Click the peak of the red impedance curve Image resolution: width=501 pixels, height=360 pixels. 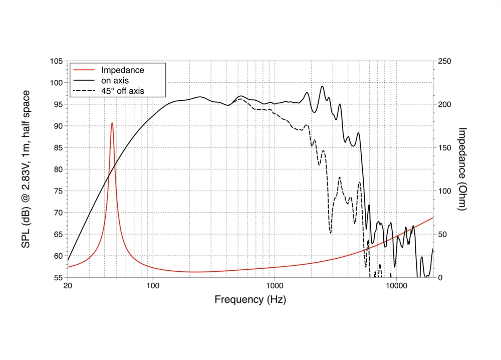112,123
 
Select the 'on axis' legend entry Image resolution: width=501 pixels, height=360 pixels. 115,81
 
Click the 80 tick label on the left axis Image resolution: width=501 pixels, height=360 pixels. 57,169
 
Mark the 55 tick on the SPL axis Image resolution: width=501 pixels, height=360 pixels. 57,277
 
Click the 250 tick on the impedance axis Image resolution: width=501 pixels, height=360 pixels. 444,61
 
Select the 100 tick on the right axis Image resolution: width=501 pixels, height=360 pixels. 444,191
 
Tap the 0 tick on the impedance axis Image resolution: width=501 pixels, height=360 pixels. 440,277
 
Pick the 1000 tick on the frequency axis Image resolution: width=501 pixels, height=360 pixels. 274,287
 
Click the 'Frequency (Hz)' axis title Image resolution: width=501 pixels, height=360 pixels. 250,300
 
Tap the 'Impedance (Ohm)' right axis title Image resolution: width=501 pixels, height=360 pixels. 462,168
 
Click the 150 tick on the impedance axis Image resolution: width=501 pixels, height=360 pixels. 444,148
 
